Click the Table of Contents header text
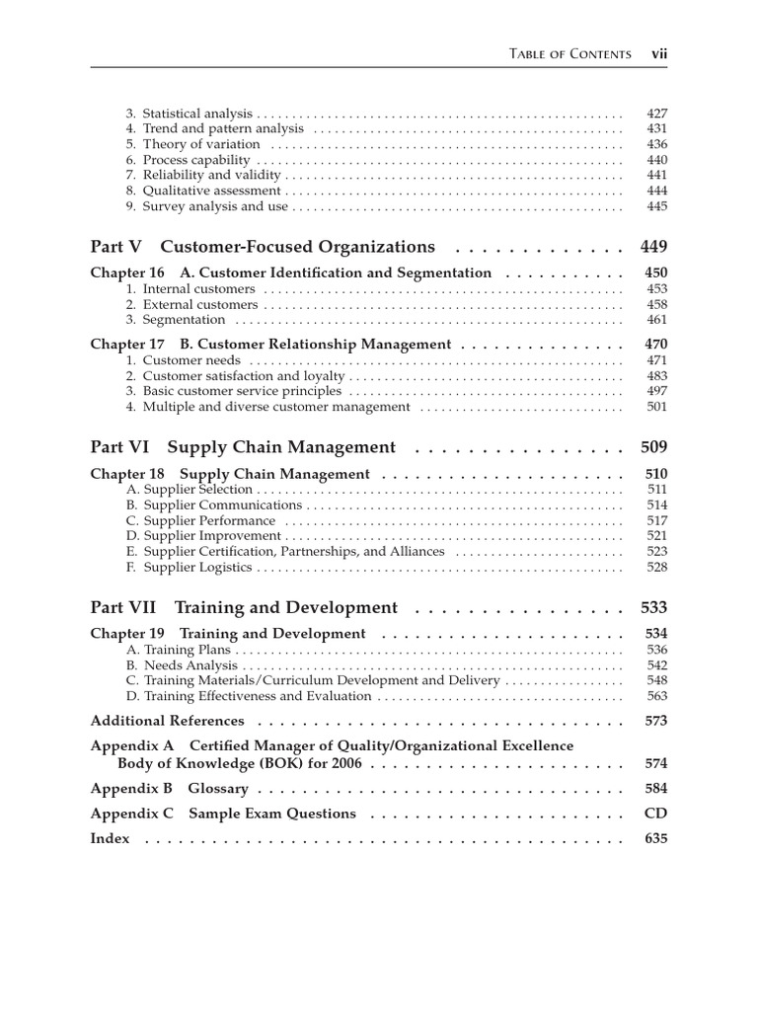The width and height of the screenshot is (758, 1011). click(570, 53)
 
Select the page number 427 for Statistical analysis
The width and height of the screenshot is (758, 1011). click(656, 114)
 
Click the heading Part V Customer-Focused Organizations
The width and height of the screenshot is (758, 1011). click(263, 247)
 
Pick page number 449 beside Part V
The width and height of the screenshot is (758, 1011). click(653, 247)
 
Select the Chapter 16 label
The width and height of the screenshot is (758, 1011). click(127, 273)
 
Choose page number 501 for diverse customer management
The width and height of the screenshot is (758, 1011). click(656, 407)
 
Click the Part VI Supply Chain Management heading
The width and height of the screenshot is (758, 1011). click(243, 447)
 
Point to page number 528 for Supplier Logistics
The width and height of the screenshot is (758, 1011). click(656, 568)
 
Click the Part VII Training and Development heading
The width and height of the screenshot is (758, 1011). click(244, 608)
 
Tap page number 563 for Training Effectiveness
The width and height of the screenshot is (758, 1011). click(656, 696)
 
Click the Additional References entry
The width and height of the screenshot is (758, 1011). click(167, 722)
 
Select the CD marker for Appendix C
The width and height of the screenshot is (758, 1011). click(656, 815)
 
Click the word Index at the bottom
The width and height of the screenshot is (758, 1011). click(110, 839)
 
